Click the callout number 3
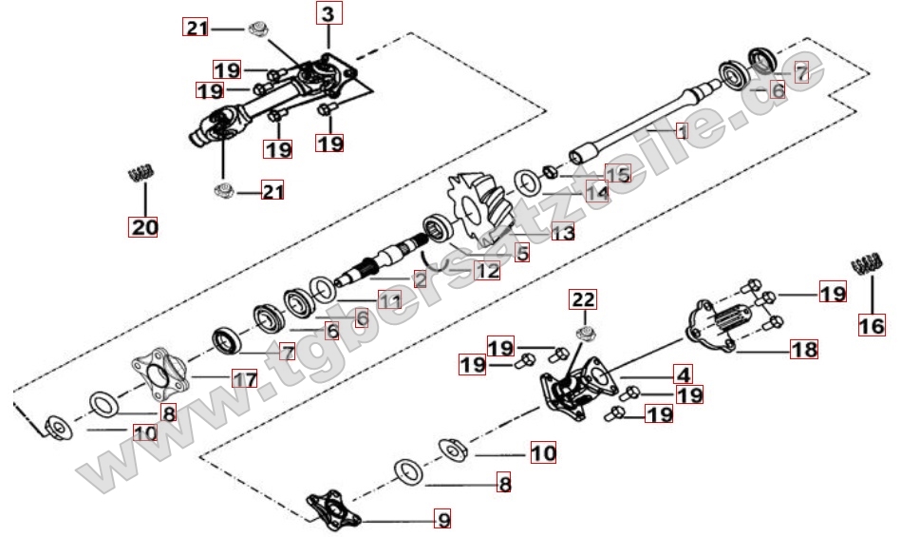328,13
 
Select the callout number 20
143,226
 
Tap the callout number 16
872,326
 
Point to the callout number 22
583,299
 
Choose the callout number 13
563,232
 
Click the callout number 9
443,519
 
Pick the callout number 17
245,379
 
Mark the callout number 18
804,349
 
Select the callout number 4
684,374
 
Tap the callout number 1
682,131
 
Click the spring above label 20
141,173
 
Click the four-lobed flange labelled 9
332,508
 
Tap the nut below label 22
586,333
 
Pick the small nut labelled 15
550,171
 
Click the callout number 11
389,300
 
